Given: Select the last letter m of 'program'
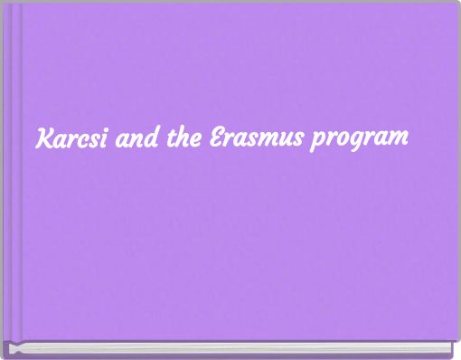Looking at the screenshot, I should tap(399, 142).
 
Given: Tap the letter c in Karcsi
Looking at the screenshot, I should tap(79, 142).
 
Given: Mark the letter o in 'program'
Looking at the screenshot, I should tap(344, 142).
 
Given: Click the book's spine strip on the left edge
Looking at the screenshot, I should tap(11, 172).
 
